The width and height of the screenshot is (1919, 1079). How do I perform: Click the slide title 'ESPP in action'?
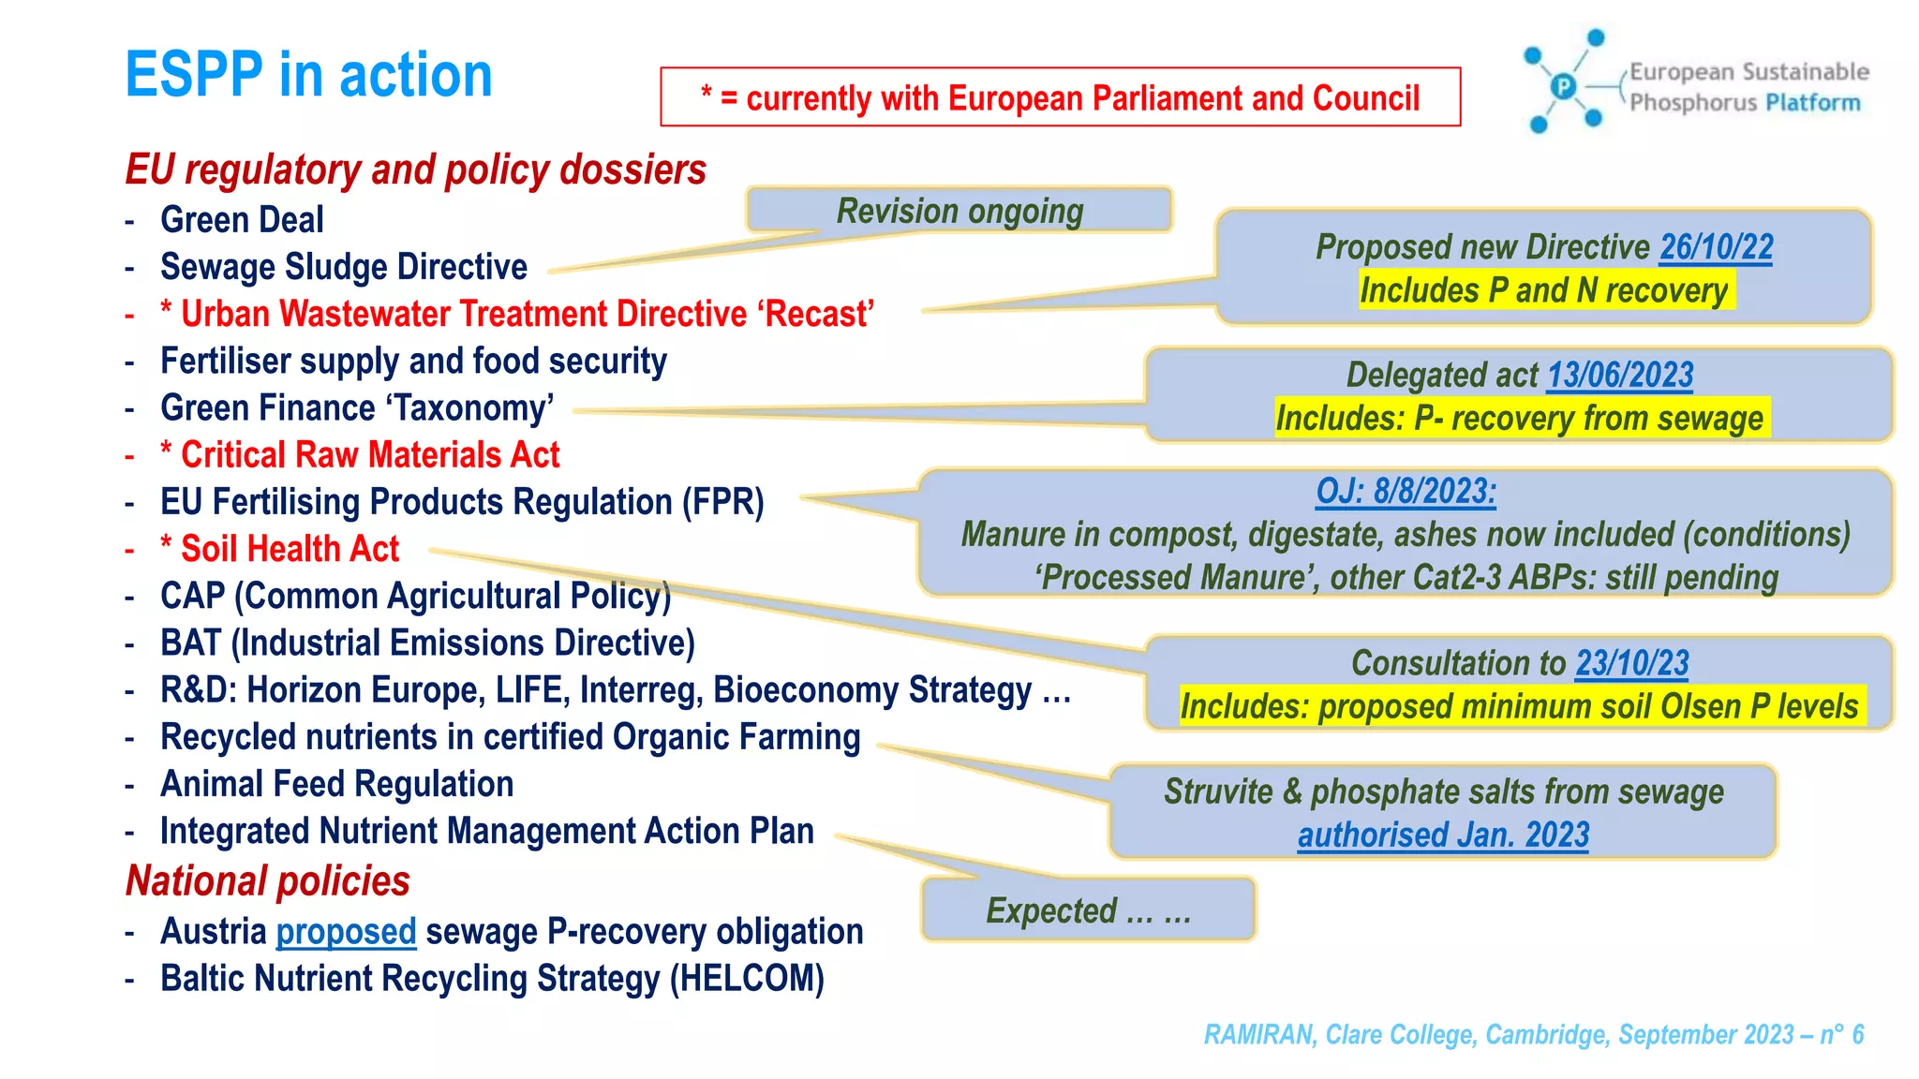308,75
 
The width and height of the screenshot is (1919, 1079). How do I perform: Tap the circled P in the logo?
1563,87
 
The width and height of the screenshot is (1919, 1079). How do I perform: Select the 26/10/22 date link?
1716,247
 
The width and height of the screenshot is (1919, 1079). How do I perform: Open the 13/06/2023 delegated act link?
1619,376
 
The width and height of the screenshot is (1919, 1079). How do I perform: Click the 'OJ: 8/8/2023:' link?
1406,491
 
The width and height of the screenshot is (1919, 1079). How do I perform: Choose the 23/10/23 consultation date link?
1631,663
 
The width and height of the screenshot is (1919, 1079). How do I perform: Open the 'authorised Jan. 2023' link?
1443,835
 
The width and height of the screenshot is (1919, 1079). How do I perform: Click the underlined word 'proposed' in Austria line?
346,932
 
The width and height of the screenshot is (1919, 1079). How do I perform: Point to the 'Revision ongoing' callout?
959,211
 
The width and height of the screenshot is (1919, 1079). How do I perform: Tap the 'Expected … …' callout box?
1088,910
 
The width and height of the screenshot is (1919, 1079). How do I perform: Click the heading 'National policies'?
268,881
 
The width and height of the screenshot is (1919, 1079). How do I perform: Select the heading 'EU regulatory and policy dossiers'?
416,170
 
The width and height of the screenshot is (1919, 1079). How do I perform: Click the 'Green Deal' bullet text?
242,220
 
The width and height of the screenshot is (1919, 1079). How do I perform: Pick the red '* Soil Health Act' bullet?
280,549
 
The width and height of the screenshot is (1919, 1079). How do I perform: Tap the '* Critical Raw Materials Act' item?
361,455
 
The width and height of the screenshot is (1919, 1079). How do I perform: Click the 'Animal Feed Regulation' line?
336,784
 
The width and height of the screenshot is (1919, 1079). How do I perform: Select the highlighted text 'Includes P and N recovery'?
1543,290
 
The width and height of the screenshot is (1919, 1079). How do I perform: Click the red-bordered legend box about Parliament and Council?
1060,97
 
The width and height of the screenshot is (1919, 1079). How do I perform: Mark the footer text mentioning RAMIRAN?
1533,1035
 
